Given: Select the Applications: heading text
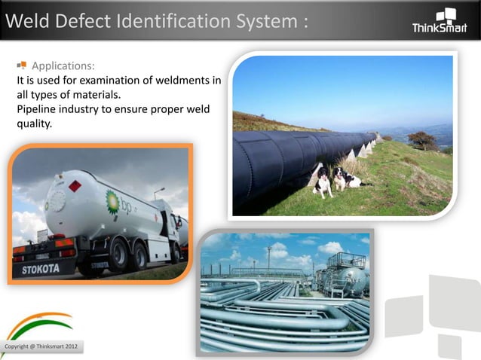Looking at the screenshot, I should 63,66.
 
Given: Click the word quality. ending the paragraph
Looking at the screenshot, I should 35,124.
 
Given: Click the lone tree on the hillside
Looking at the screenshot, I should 423,139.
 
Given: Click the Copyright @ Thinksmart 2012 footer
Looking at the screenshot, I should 41,346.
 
